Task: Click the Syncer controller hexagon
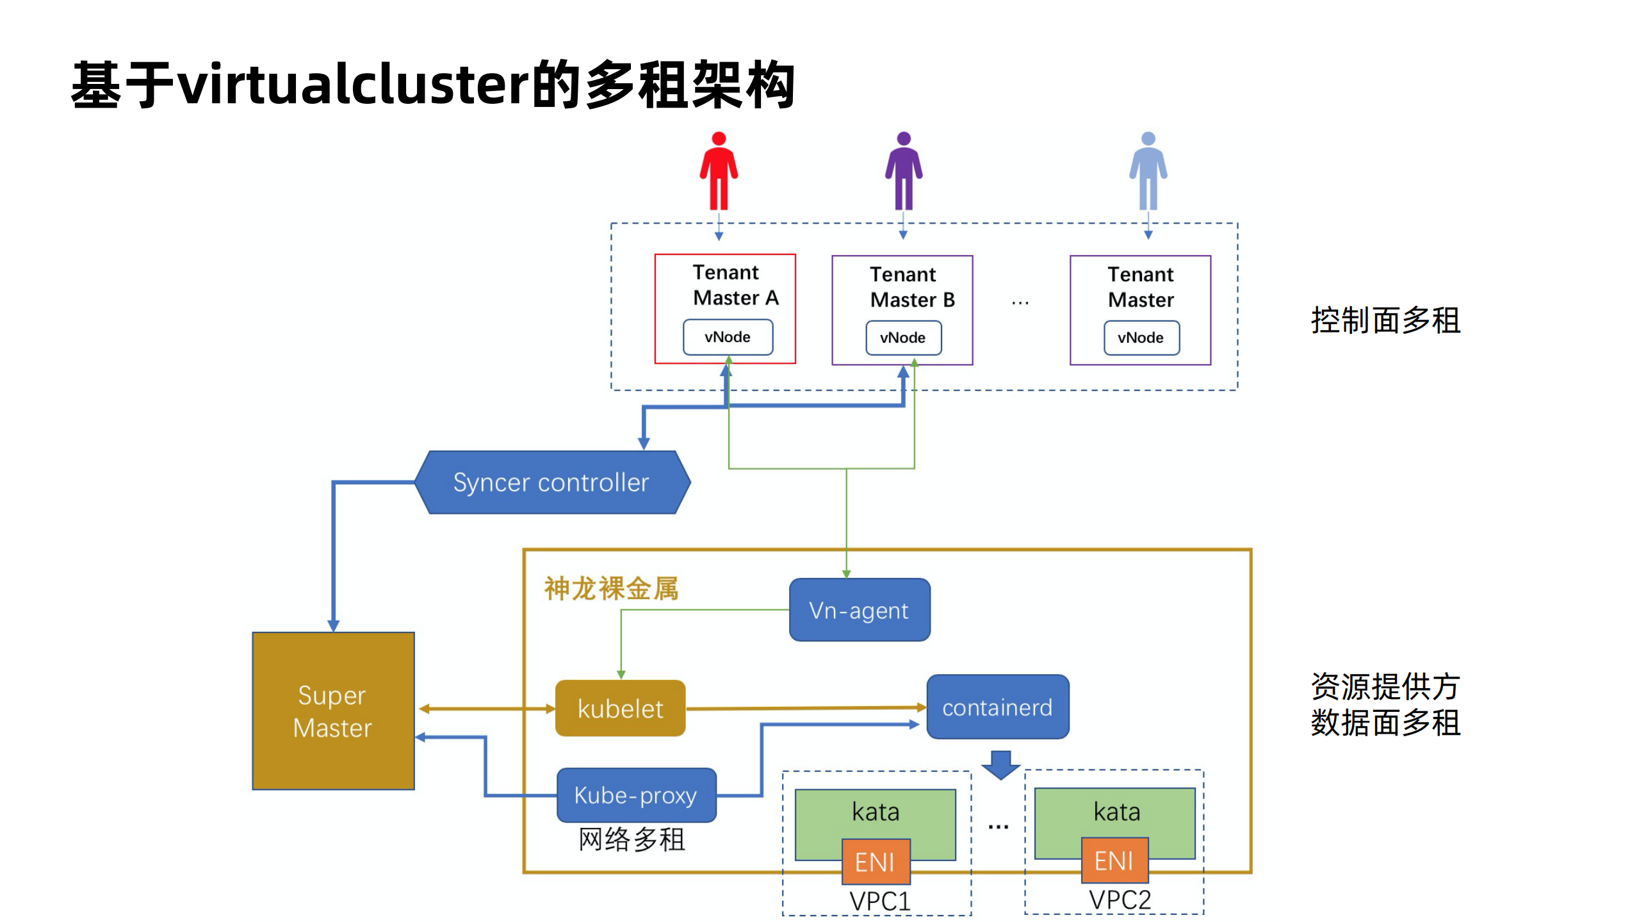click(x=551, y=482)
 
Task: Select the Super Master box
click(x=333, y=711)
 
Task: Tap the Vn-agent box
click(x=859, y=610)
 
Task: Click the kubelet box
click(x=620, y=709)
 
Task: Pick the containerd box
click(x=997, y=707)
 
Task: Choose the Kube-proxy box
click(x=636, y=795)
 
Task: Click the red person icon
click(x=719, y=170)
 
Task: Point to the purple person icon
click(x=903, y=170)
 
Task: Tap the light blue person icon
click(x=1148, y=170)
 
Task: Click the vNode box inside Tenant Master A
click(x=728, y=337)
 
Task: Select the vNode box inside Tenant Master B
click(x=903, y=338)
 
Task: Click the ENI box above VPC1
click(x=876, y=862)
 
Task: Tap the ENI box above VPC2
click(x=1114, y=860)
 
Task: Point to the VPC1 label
click(x=880, y=901)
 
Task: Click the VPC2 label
click(x=1120, y=900)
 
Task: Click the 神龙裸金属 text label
click(x=611, y=588)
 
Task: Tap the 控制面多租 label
click(x=1385, y=320)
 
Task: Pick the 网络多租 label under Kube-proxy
click(x=632, y=839)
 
